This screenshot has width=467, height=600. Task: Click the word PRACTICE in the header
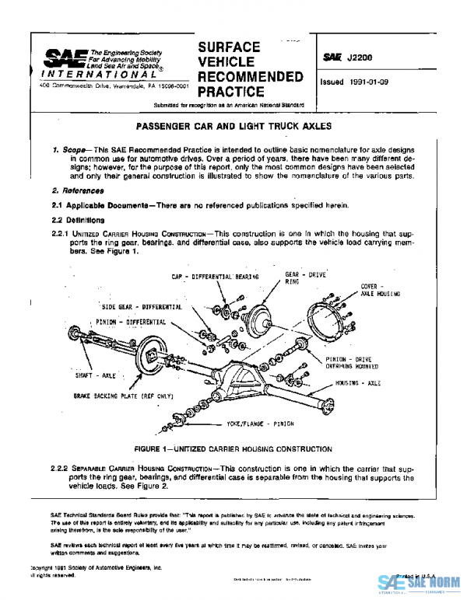point(230,92)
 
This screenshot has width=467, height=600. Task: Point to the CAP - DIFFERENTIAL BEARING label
point(213,277)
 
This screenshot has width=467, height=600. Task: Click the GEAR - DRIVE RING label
point(300,277)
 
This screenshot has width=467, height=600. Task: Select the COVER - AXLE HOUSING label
point(379,290)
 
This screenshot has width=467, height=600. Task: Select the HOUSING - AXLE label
point(357,384)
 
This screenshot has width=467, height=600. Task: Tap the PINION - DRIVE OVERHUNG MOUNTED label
point(353,363)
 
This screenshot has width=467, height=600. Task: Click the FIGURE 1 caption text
point(233,450)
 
